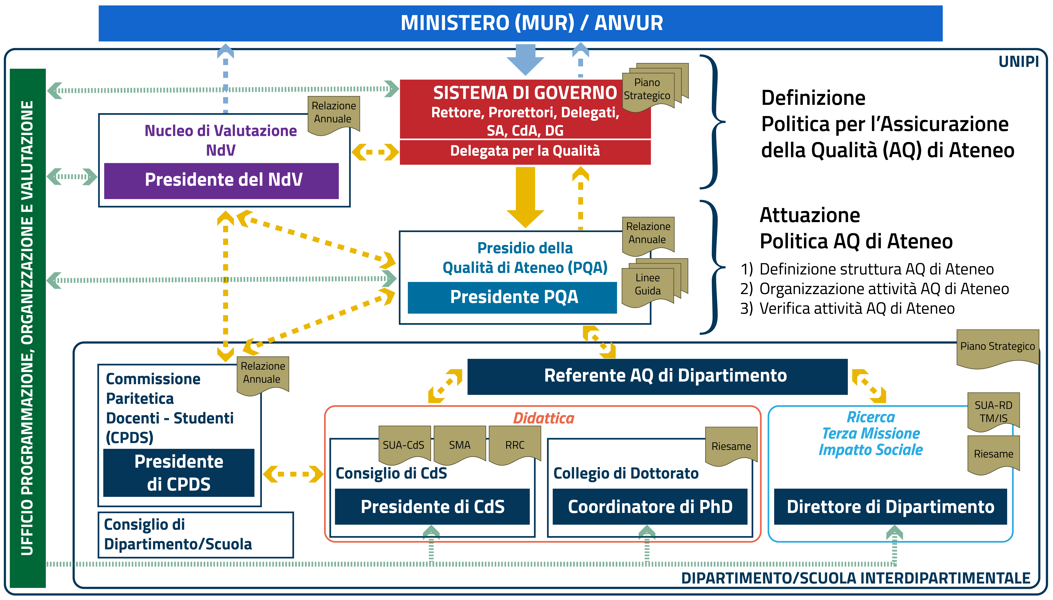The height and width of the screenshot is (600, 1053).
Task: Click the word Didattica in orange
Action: click(x=543, y=418)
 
